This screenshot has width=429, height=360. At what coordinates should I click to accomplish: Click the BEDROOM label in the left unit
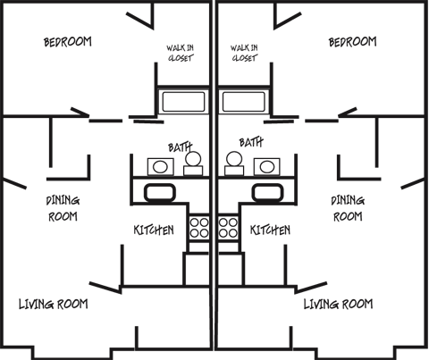pos(68,42)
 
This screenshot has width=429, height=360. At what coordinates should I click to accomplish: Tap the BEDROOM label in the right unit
pos(353,42)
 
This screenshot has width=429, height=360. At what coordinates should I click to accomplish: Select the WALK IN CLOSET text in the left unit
pos(181,53)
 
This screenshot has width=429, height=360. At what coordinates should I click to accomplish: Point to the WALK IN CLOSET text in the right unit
pos(244,53)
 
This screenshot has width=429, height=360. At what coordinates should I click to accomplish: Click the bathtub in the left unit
pos(183,102)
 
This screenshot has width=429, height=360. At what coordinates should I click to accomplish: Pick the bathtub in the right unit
pos(244,102)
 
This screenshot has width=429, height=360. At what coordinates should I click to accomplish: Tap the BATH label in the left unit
pos(180,147)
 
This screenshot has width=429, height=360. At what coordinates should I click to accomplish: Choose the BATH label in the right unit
pos(251,142)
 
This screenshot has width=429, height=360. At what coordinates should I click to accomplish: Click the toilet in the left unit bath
pos(193,163)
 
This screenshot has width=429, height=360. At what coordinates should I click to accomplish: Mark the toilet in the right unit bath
pos(234,163)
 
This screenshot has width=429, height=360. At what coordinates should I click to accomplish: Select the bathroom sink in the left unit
pos(161,167)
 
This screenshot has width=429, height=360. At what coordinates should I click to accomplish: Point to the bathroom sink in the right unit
pos(267,167)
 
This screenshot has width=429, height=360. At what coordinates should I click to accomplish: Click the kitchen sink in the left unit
pos(160,193)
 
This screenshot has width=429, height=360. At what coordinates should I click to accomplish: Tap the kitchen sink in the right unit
pos(268,193)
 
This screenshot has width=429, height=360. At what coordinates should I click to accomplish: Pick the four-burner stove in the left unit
pos(199,228)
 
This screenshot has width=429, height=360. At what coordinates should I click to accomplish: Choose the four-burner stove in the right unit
pos(228,228)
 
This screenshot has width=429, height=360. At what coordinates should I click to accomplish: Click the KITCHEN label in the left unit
pos(154,230)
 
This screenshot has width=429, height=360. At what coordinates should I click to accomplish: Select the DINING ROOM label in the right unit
pos(348,209)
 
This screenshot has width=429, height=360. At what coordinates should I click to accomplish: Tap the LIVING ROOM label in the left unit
pos(54,305)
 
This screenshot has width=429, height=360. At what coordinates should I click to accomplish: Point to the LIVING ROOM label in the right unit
pos(338,305)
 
